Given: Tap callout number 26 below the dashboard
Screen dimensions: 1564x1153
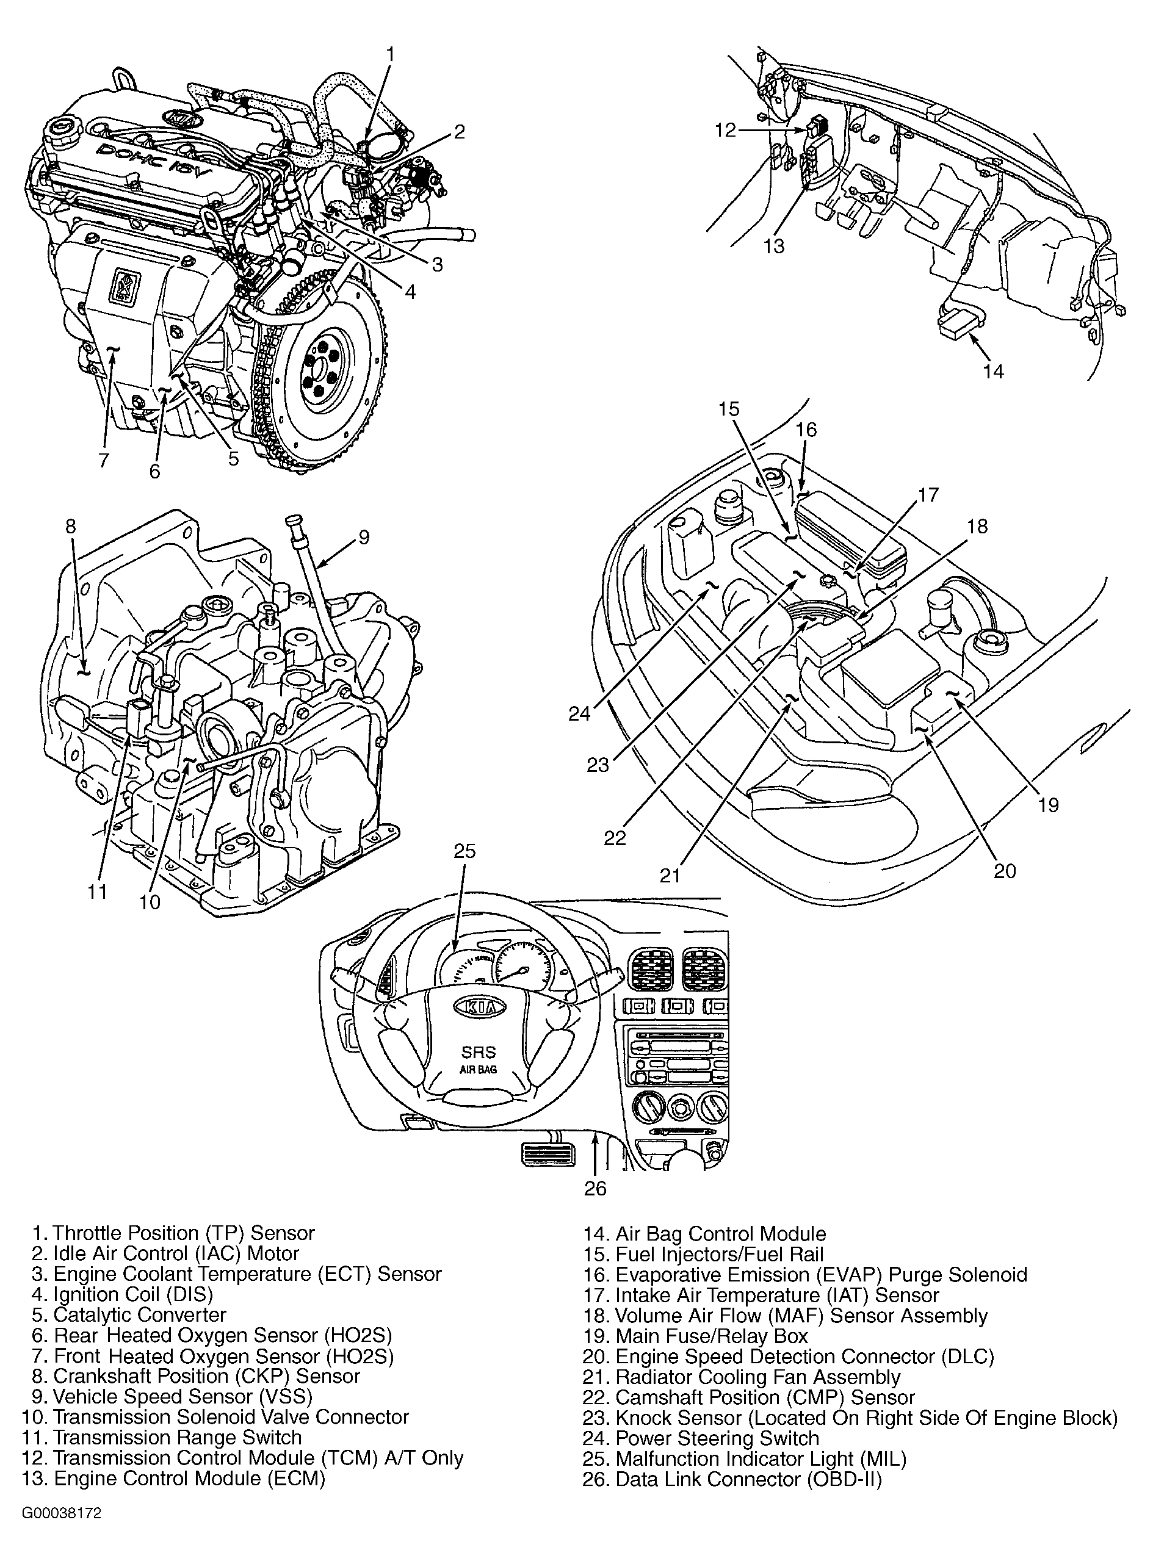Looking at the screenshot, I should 595,1187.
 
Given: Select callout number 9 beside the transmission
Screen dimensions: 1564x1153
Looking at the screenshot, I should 364,536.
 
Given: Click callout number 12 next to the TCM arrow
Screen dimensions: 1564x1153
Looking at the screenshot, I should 725,130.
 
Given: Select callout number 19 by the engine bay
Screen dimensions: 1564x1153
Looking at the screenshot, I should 1047,804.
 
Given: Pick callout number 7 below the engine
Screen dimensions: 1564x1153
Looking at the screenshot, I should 103,460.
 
